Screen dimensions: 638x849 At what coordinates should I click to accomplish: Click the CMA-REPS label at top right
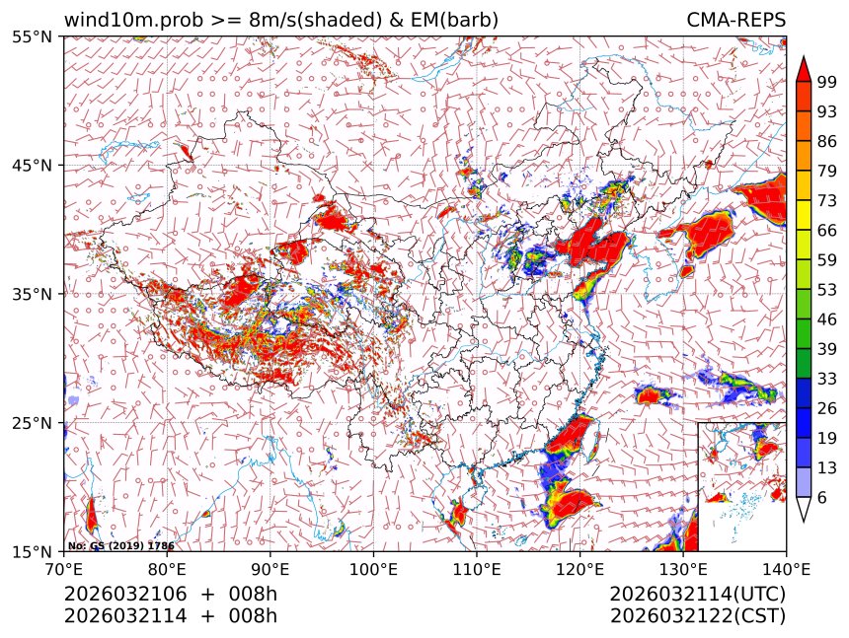(735, 20)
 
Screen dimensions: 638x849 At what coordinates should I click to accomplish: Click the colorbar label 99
(827, 81)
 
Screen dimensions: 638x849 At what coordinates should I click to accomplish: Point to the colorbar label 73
(827, 200)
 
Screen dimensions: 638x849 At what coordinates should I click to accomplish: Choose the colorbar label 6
(822, 498)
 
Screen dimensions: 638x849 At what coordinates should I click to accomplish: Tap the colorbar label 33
(827, 379)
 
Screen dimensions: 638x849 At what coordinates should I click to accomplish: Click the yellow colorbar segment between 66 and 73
(804, 215)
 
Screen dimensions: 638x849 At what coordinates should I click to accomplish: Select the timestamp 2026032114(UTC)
(697, 595)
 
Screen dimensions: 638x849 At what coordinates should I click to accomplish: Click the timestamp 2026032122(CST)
(697, 616)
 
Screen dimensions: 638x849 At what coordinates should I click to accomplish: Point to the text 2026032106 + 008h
(170, 595)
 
